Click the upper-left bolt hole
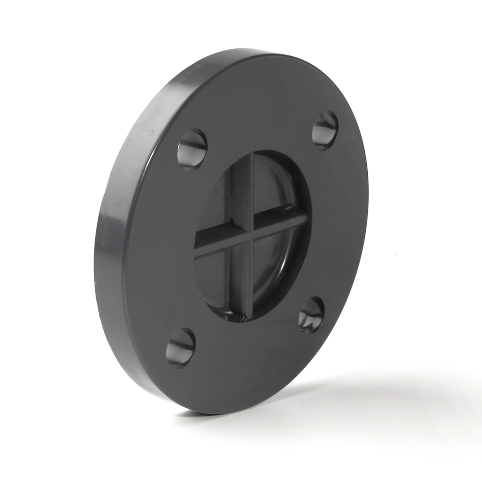tap(192, 149)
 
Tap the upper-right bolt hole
tap(325, 130)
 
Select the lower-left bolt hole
tap(181, 348)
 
